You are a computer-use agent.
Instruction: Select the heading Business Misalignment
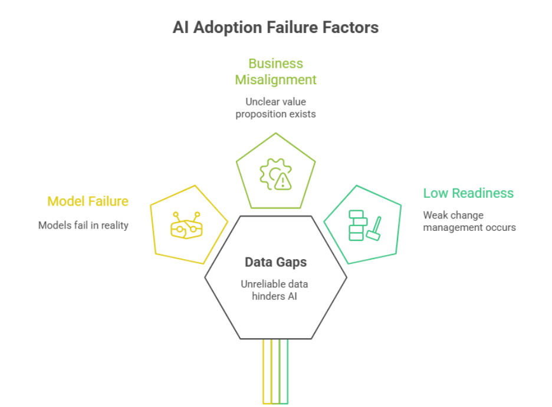pyautogui.click(x=275, y=71)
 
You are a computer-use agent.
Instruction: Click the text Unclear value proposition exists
pyautogui.click(x=275, y=108)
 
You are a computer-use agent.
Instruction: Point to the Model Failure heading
pyautogui.click(x=88, y=201)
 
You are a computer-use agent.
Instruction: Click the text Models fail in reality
pyautogui.click(x=83, y=225)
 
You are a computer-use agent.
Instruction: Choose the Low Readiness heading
pyautogui.click(x=468, y=193)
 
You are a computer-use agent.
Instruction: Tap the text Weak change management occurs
pyautogui.click(x=469, y=221)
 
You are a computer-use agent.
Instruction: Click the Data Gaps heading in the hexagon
pyautogui.click(x=275, y=263)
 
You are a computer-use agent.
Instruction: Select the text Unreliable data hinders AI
pyautogui.click(x=275, y=290)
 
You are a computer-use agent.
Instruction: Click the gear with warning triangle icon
pyautogui.click(x=275, y=174)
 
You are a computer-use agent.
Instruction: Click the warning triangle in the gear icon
pyautogui.click(x=283, y=181)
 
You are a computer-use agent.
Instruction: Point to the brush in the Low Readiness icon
pyautogui.click(x=374, y=230)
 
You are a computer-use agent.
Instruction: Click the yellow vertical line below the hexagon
pyautogui.click(x=264, y=371)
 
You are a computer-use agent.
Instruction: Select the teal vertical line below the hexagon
pyautogui.click(x=287, y=371)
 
